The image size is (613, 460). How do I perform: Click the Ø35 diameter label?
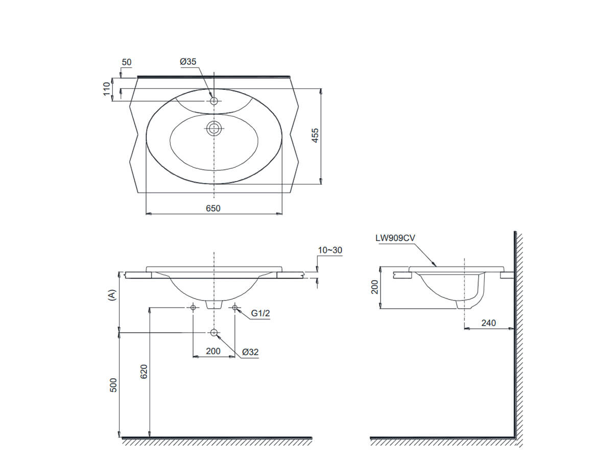pyautogui.click(x=188, y=62)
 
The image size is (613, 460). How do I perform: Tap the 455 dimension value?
pyautogui.click(x=315, y=135)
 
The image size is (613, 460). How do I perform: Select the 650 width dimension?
pyautogui.click(x=214, y=208)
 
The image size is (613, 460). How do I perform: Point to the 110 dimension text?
pyautogui.click(x=107, y=88)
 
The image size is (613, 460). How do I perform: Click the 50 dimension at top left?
pyautogui.click(x=126, y=62)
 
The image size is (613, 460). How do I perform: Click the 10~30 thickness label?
pyautogui.click(x=329, y=250)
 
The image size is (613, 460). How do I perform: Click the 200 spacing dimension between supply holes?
pyautogui.click(x=213, y=351)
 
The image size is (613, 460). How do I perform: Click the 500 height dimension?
pyautogui.click(x=114, y=385)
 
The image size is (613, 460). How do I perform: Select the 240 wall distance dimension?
pyautogui.click(x=489, y=323)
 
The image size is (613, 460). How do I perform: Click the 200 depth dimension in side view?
pyautogui.click(x=374, y=287)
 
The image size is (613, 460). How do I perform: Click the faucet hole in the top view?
pyautogui.click(x=214, y=101)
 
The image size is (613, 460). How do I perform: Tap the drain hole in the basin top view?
pyautogui.click(x=214, y=128)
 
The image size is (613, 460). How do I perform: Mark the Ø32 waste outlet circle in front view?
pyautogui.click(x=214, y=333)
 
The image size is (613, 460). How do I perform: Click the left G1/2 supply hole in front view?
pyautogui.click(x=193, y=307)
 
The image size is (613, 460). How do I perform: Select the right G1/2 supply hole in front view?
pyautogui.click(x=235, y=307)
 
